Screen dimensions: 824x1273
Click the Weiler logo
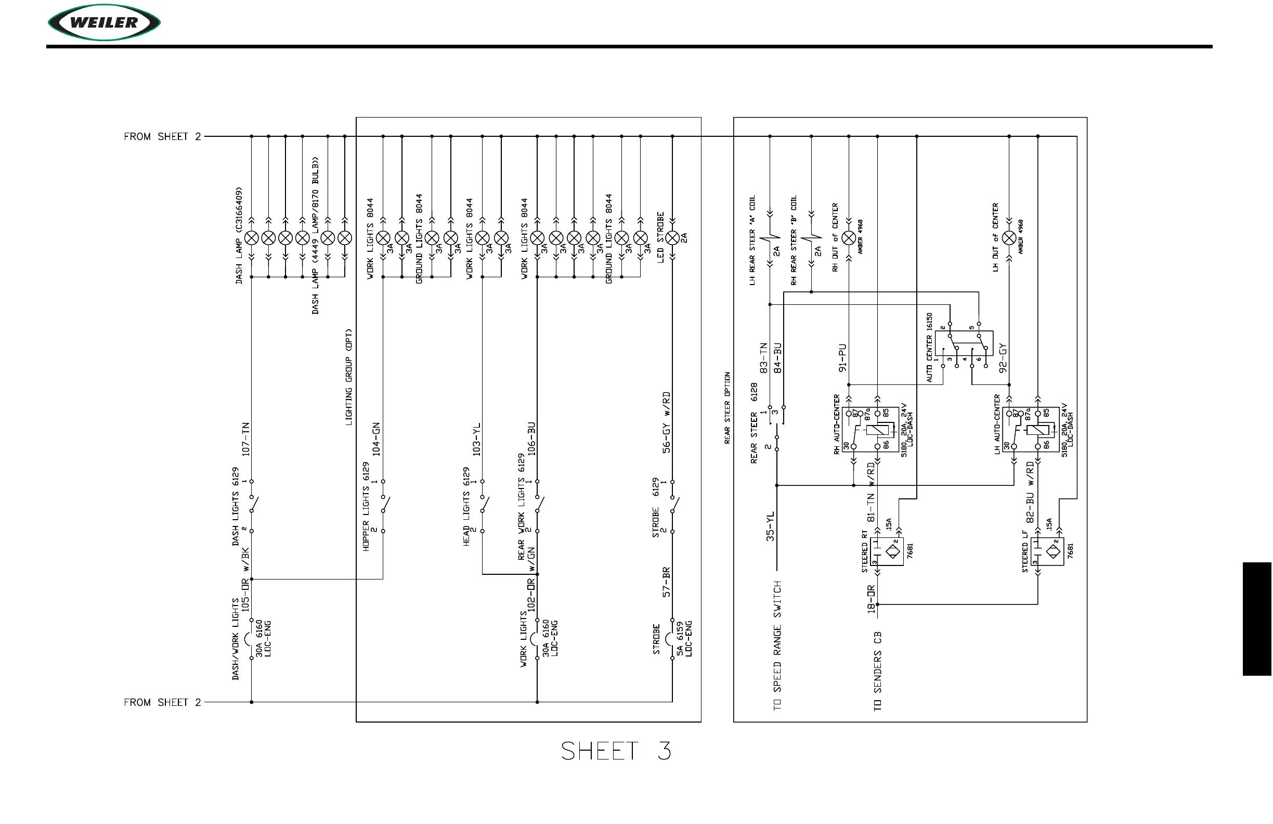[x=105, y=22]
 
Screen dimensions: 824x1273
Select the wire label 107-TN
[x=246, y=439]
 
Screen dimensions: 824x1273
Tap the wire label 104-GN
[x=376, y=439]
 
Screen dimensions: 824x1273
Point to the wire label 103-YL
[x=476, y=439]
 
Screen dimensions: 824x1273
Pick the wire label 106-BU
[x=531, y=439]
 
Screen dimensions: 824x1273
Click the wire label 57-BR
[x=667, y=582]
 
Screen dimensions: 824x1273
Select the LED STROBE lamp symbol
[x=672, y=238]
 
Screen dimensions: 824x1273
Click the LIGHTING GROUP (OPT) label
[x=349, y=377]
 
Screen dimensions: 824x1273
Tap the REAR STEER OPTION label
[x=728, y=408]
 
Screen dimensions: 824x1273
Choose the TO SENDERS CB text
[x=878, y=672]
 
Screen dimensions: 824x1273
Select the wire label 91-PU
[x=842, y=358]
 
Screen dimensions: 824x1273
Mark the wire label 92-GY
[x=1003, y=358]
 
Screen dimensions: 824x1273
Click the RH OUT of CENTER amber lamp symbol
[x=849, y=238]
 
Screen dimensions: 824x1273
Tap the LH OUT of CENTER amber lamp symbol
[x=1009, y=238]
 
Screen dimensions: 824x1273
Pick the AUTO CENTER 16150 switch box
[x=964, y=343]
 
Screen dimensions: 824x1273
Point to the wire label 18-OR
[x=872, y=599]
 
